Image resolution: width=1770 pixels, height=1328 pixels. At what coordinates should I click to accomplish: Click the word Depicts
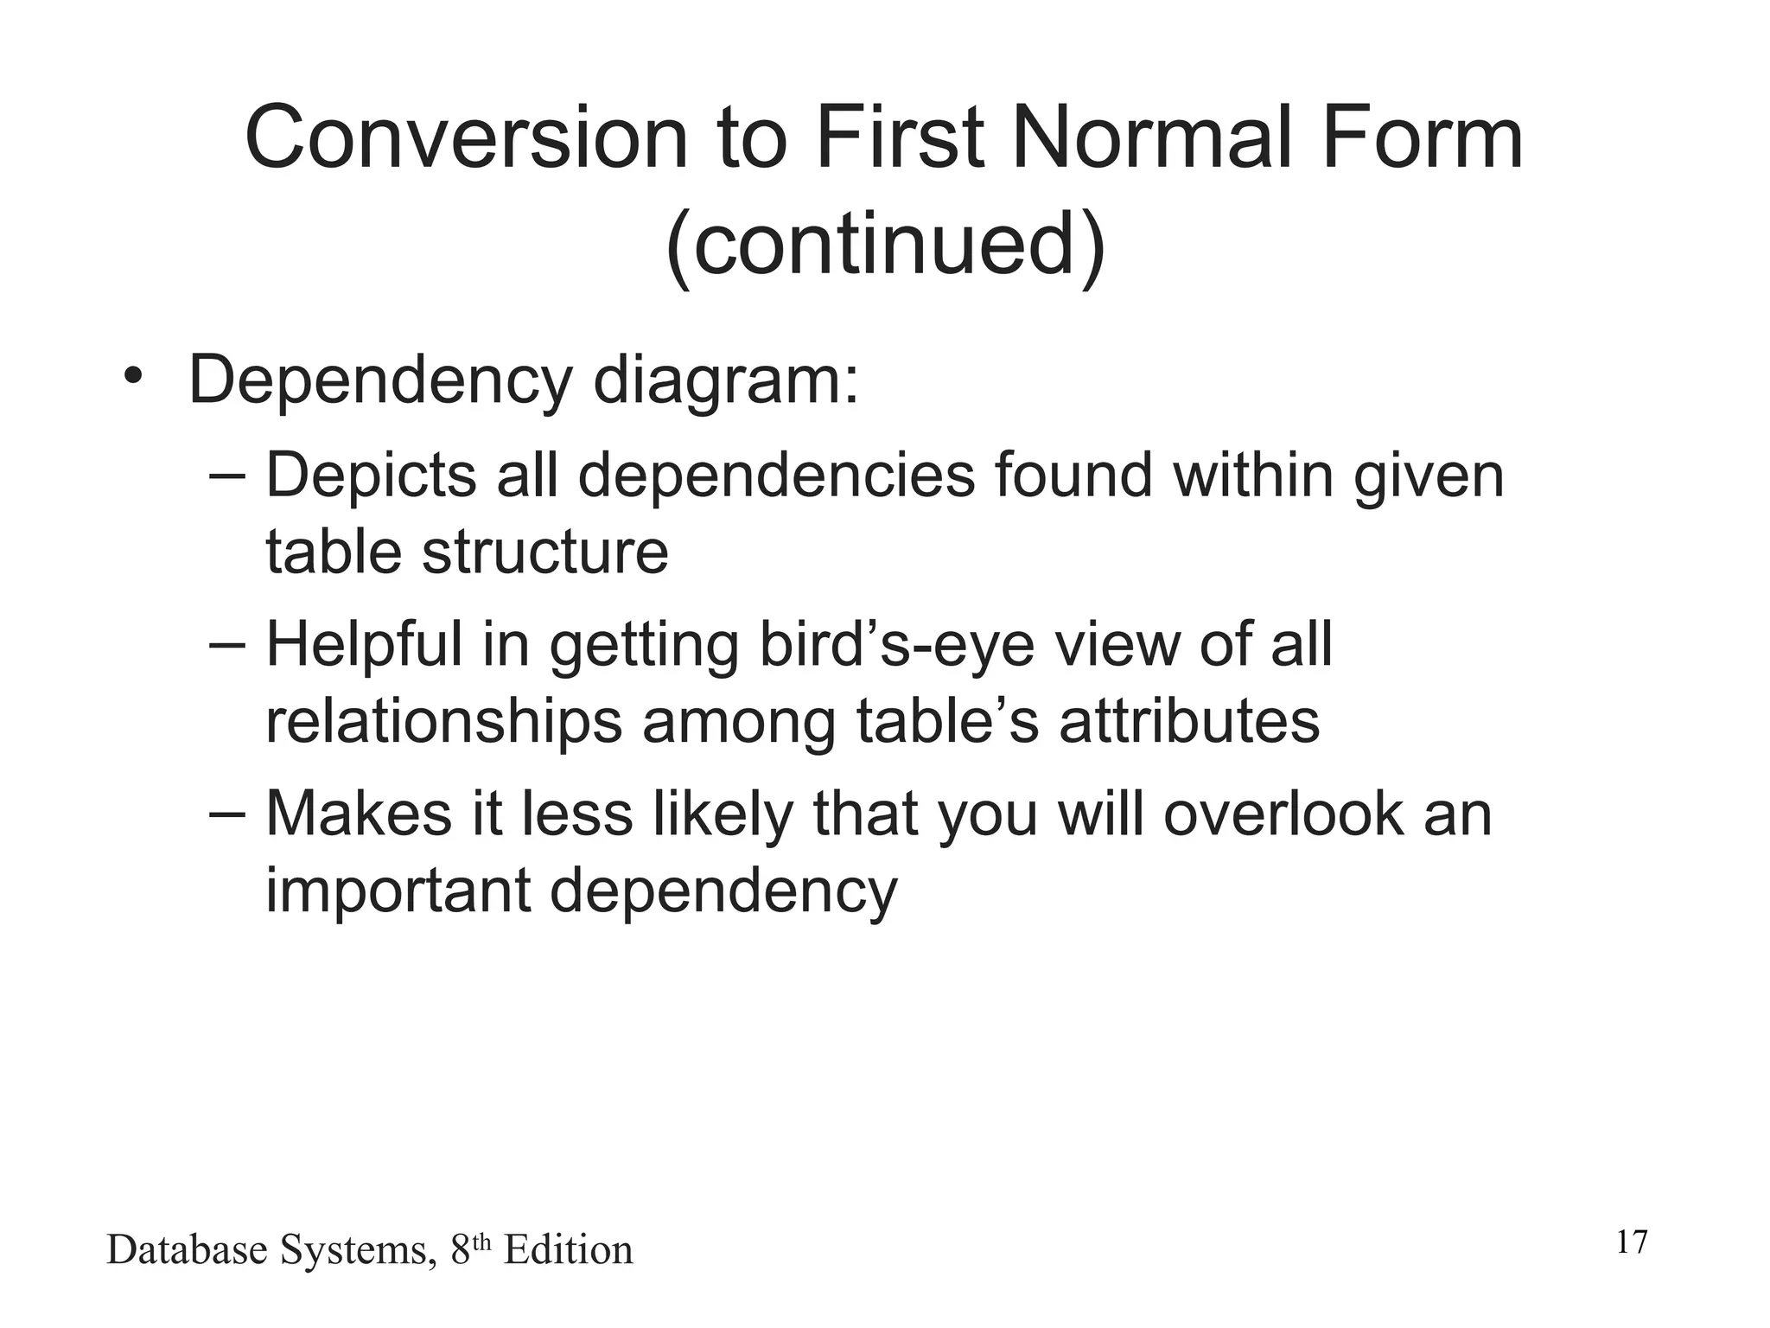[x=371, y=476]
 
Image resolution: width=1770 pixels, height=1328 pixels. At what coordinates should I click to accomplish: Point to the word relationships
[x=442, y=723]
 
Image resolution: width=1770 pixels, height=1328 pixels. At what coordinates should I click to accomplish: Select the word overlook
[x=1283, y=814]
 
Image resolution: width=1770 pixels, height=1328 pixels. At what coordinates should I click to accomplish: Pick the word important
[x=397, y=891]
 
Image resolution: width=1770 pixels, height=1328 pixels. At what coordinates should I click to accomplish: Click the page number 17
[x=1631, y=1242]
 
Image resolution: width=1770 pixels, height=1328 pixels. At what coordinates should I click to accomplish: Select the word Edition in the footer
[x=568, y=1251]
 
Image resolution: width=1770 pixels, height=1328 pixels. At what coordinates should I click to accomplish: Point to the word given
[x=1429, y=478]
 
